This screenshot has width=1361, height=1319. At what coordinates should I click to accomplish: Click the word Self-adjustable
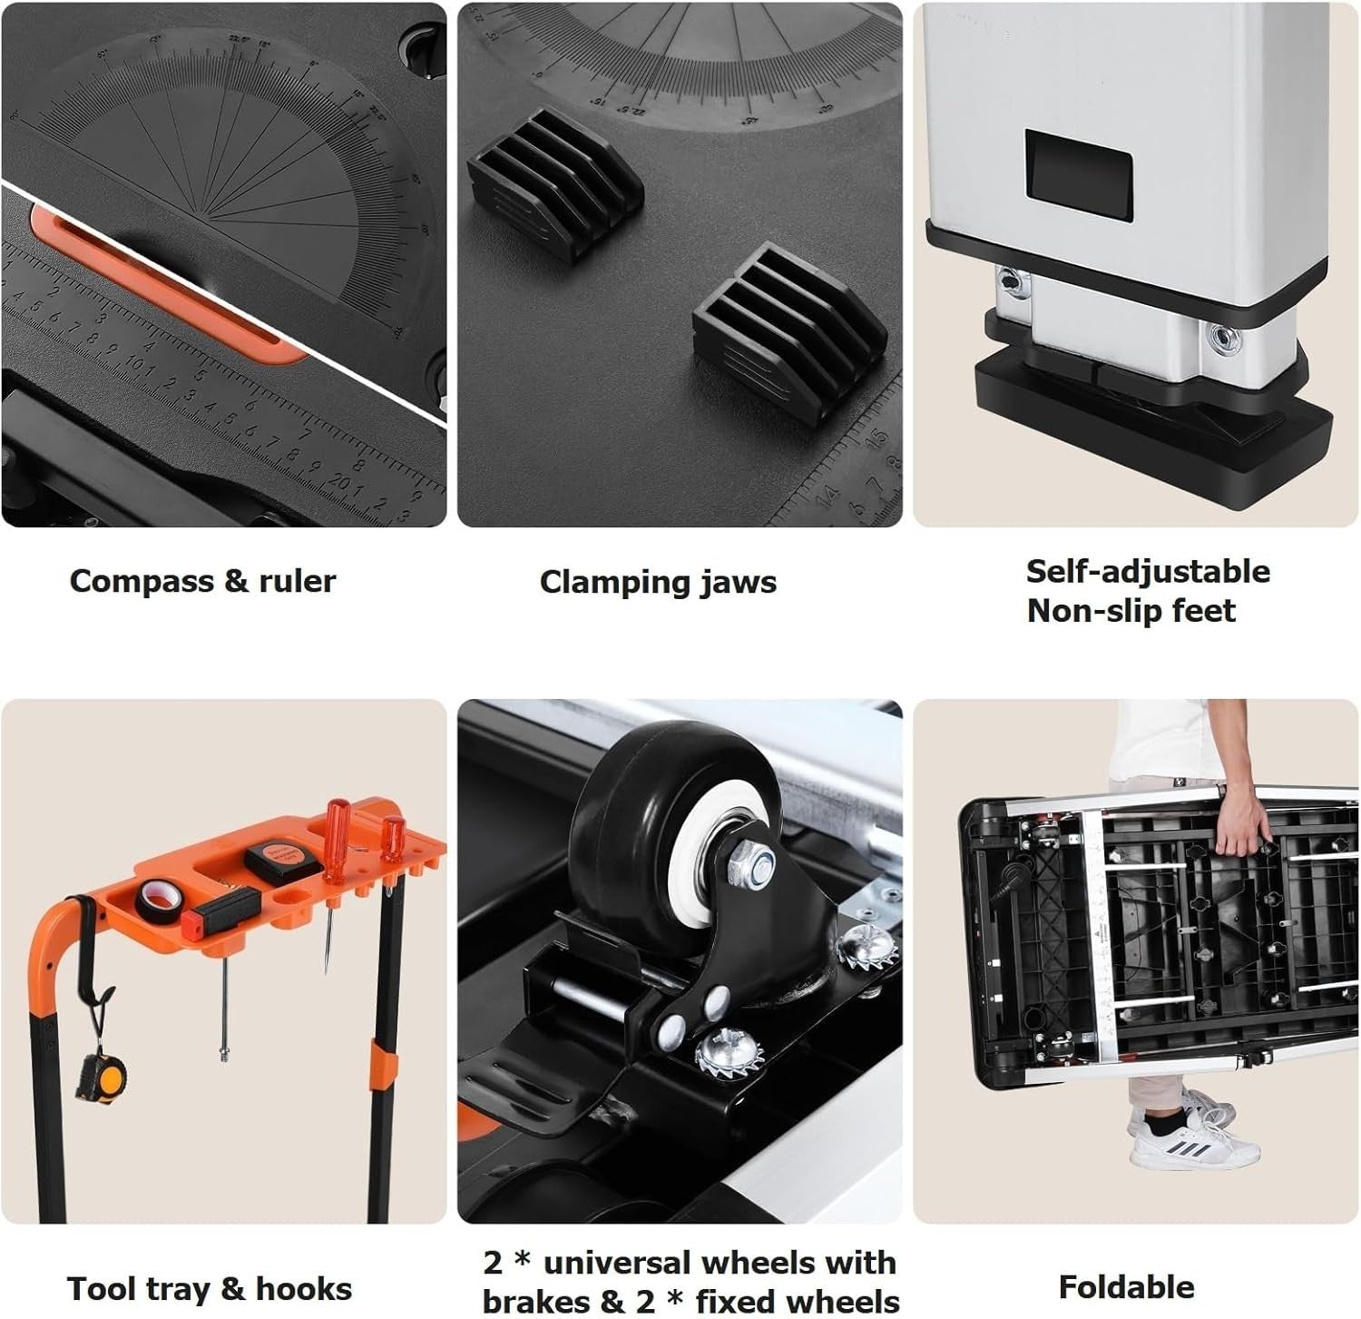1148,572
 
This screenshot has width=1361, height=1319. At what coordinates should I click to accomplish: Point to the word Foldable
1126,1287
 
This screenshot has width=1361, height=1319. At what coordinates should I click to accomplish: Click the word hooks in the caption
303,1289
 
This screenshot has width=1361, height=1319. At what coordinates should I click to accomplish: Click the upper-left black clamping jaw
554,184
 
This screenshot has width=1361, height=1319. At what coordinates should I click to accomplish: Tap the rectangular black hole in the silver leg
1078,175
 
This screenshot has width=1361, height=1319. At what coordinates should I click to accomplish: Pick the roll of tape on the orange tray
157,897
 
